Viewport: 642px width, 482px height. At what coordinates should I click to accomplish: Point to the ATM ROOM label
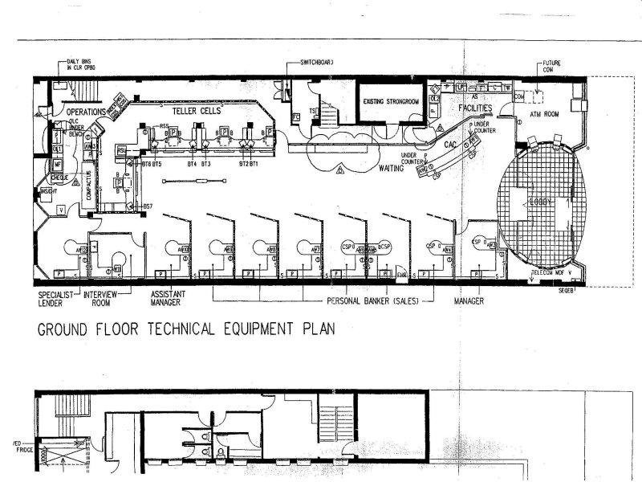point(546,116)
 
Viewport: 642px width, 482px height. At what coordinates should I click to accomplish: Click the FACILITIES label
point(479,107)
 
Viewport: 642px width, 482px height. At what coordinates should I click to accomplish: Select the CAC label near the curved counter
point(451,145)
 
